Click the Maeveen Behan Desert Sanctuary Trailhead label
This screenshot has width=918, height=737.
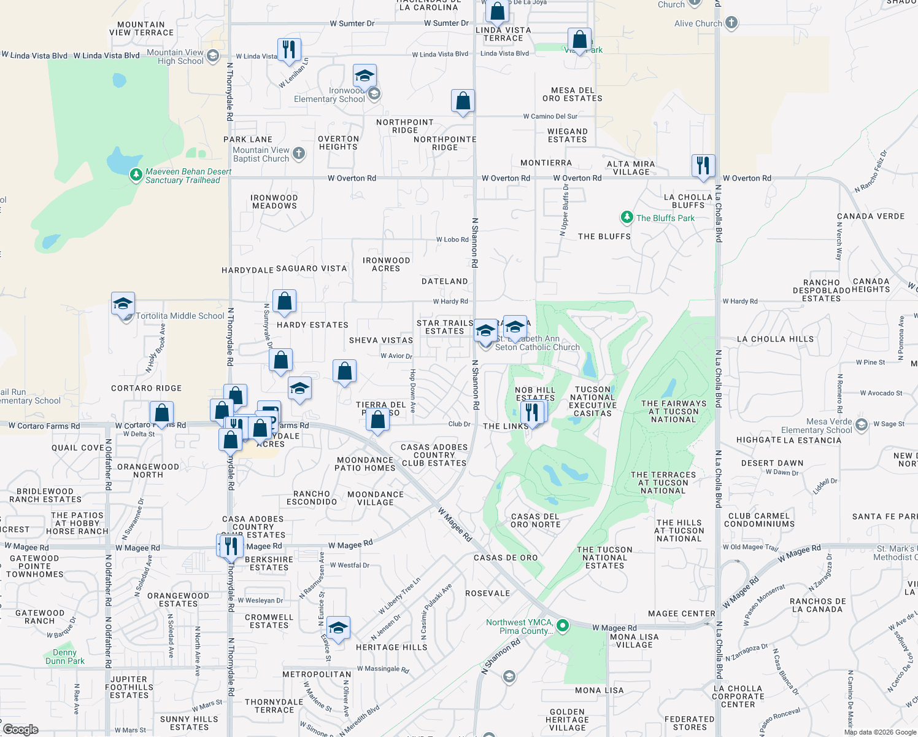tap(188, 176)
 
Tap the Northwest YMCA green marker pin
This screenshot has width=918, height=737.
tap(563, 626)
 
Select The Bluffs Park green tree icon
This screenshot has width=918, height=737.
tap(627, 217)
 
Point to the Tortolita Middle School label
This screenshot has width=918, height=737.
tap(180, 316)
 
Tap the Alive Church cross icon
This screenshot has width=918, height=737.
tap(731, 23)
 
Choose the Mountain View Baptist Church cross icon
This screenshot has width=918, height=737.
tap(299, 153)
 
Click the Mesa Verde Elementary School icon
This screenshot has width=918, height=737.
tap(862, 425)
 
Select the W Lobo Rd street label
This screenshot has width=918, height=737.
tap(452, 240)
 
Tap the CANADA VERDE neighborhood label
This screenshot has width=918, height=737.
tap(871, 216)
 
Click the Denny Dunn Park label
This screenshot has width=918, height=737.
tap(64, 657)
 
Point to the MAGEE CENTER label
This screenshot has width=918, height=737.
tap(682, 614)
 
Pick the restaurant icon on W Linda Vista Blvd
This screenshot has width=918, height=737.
tap(288, 50)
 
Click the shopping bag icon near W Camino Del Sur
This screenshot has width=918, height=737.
tap(463, 101)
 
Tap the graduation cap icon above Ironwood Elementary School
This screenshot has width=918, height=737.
tap(365, 76)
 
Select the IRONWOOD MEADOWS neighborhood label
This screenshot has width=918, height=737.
tap(274, 201)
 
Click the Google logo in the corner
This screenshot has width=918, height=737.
tap(20, 730)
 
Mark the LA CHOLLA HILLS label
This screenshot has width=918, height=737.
tap(775, 339)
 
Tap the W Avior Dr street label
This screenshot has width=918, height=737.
tap(396, 356)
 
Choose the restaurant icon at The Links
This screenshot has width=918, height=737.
tap(531, 412)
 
